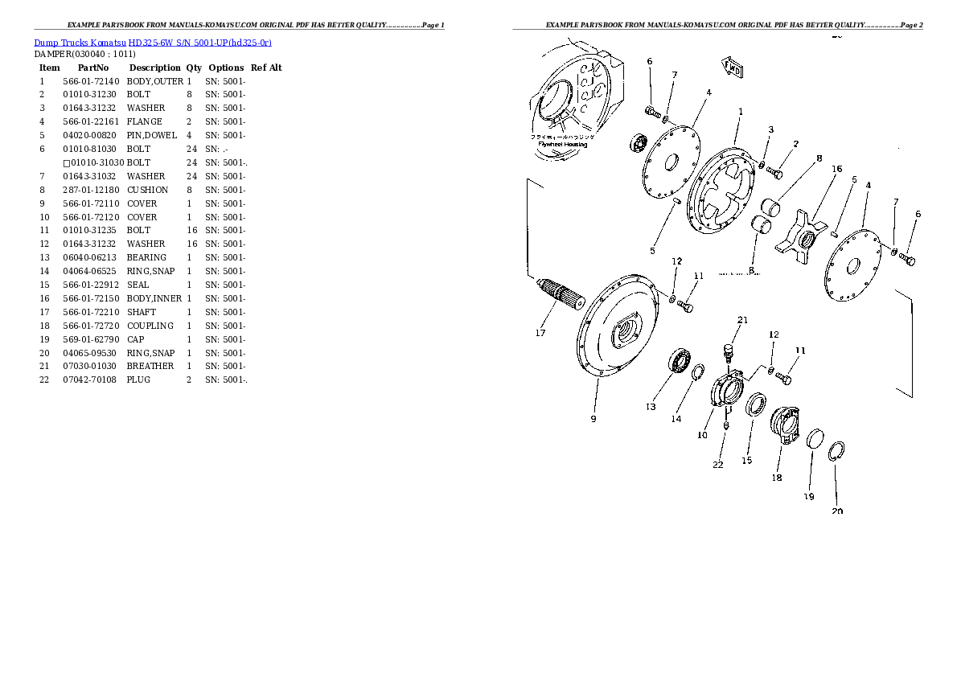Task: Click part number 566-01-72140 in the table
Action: click(x=90, y=81)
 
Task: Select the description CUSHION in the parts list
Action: click(x=147, y=190)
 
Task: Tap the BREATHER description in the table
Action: click(x=150, y=366)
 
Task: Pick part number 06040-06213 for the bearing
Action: click(x=90, y=257)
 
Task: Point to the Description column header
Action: click(x=154, y=68)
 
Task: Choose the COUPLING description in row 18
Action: click(x=150, y=326)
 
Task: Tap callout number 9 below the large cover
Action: click(x=594, y=418)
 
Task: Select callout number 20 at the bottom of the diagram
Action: click(x=837, y=511)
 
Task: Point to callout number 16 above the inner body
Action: click(x=836, y=169)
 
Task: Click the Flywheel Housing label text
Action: click(x=562, y=145)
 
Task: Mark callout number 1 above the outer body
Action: click(x=740, y=112)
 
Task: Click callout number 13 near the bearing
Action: click(x=651, y=407)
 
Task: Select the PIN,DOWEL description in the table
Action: click(x=152, y=135)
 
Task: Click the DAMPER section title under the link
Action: click(x=85, y=54)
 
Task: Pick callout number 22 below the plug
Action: click(x=718, y=464)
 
